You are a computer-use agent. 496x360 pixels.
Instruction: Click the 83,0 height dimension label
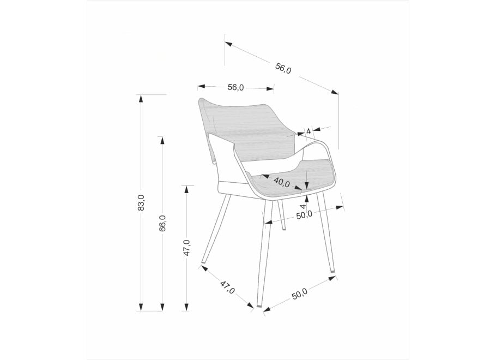pos(141,203)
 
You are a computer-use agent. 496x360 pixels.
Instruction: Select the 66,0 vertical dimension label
pos(162,223)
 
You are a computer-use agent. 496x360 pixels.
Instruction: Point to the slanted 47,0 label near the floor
pos(227,287)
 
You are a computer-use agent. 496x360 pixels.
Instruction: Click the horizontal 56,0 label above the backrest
pos(235,87)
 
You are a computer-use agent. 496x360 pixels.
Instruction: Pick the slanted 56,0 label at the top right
pos(283,68)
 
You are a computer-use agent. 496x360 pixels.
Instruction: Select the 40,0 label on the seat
pos(282,182)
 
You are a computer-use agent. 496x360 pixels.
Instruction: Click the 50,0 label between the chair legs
pos(304,215)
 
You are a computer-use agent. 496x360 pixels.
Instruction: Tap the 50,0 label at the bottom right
pos(299,294)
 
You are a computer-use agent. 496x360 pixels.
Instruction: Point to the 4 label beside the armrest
pos(309,131)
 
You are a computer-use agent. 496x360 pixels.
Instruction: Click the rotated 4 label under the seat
pos(303,206)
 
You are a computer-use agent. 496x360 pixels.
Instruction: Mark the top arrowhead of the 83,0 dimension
pos(141,99)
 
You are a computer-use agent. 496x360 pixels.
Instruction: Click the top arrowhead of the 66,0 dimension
pos(162,141)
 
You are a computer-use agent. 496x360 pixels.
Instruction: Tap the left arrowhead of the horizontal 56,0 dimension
pos(201,86)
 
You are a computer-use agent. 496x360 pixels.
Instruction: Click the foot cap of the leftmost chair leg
pos(204,262)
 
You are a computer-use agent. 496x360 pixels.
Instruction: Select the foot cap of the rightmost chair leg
pos(332,271)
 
